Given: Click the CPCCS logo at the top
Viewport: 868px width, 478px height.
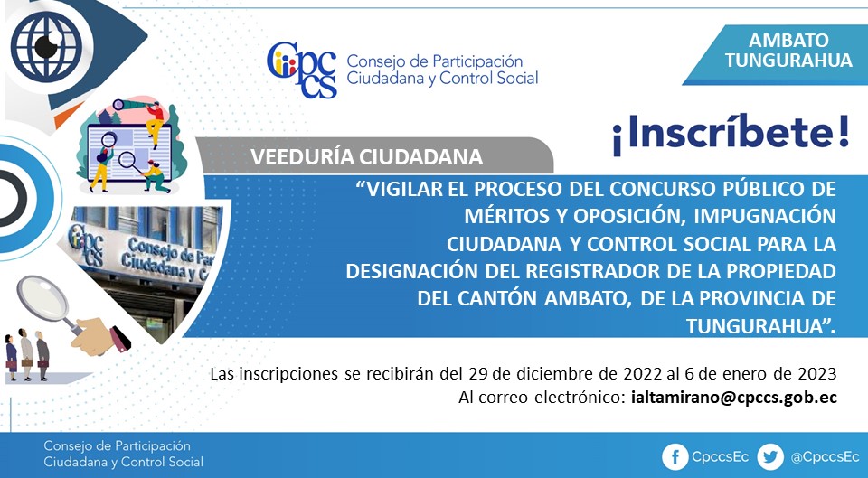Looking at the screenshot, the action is pos(302,70).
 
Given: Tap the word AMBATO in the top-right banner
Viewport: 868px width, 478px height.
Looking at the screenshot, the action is pos(788,41).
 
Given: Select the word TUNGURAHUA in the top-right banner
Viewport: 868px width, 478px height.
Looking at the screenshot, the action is pos(788,61).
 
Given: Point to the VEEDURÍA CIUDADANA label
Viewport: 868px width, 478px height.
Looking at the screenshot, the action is pos(366,157).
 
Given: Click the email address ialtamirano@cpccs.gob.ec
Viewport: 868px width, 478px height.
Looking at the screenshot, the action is pos(733,398).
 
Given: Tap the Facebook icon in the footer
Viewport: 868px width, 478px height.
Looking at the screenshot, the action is pos(675,457).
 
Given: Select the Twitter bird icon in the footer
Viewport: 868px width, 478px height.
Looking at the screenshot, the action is pos(770,457).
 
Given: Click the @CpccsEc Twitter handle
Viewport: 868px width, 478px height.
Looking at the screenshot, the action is pos(825,457).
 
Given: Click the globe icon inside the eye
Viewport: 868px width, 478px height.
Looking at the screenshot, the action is pos(46,46).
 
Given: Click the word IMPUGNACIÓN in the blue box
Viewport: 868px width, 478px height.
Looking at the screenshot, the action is pos(765,216).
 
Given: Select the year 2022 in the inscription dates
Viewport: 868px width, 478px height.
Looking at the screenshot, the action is pos(642,373).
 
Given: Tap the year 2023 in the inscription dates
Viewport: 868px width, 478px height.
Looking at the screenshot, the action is pos(817,373).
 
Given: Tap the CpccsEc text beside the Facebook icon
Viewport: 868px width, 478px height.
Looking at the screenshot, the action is pos(721,457).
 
